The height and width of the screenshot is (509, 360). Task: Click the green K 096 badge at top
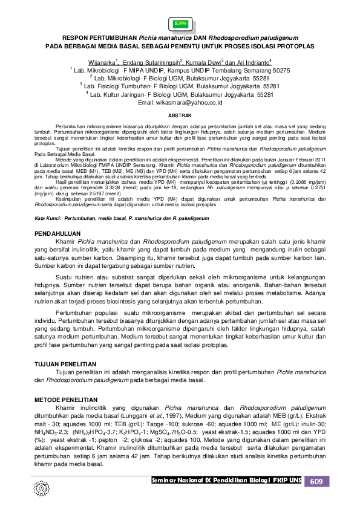180,24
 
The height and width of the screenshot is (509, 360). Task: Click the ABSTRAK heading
180,115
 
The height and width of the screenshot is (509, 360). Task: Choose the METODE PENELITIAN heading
66,400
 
